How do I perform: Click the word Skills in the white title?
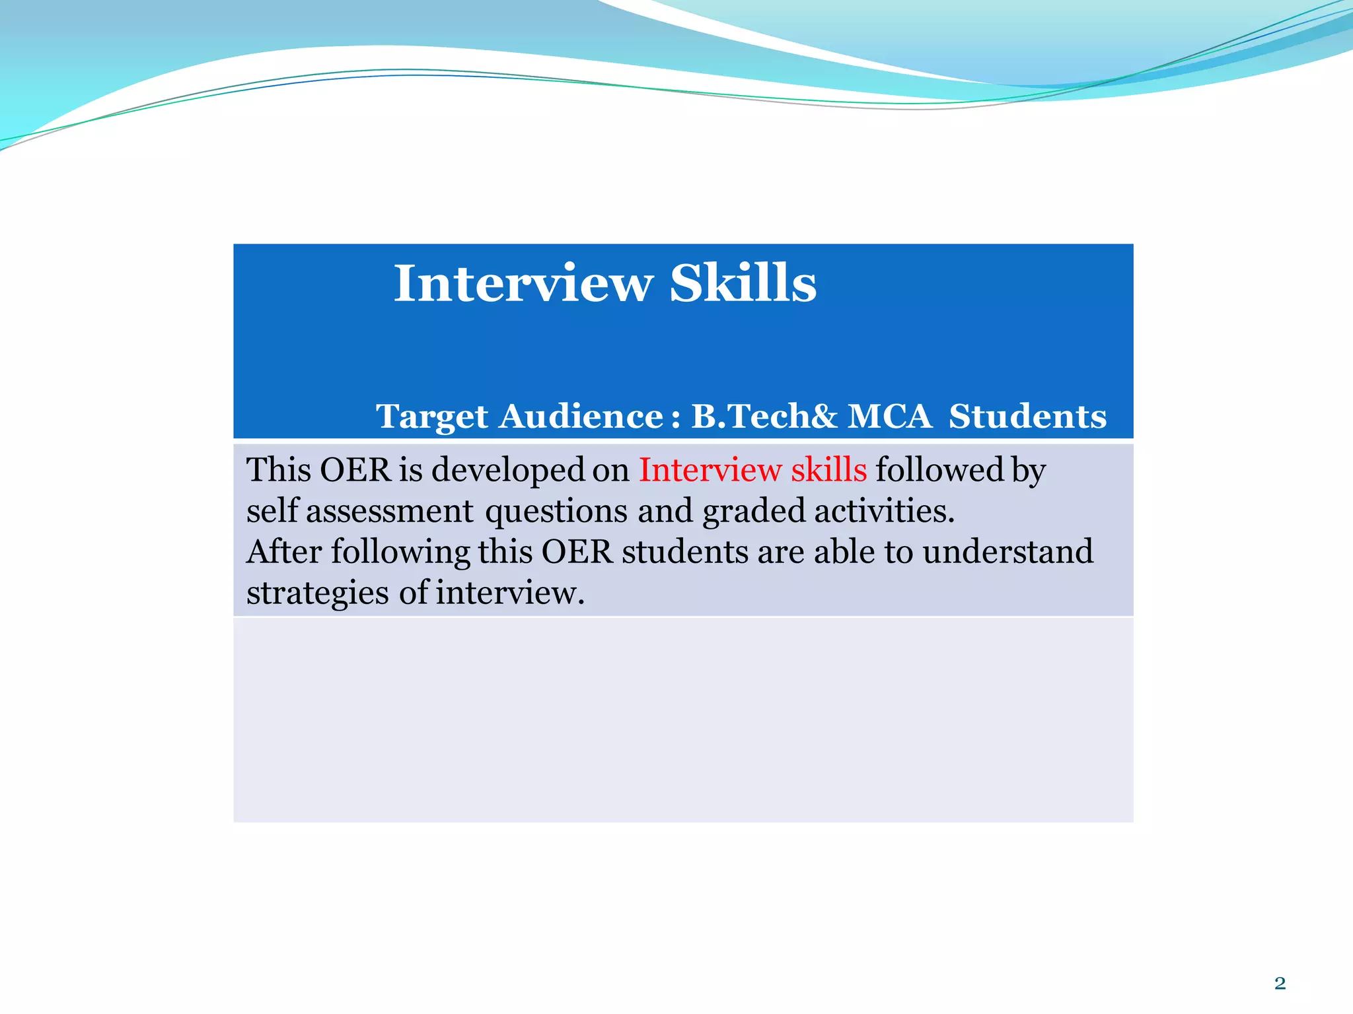tap(743, 284)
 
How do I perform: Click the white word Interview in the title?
tap(523, 284)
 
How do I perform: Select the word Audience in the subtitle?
tap(581, 417)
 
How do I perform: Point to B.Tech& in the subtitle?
tap(764, 417)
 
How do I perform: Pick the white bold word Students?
tap(1027, 417)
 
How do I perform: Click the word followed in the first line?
tap(939, 470)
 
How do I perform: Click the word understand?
tap(1007, 552)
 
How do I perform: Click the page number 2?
tap(1280, 984)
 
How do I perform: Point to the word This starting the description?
tap(278, 470)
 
